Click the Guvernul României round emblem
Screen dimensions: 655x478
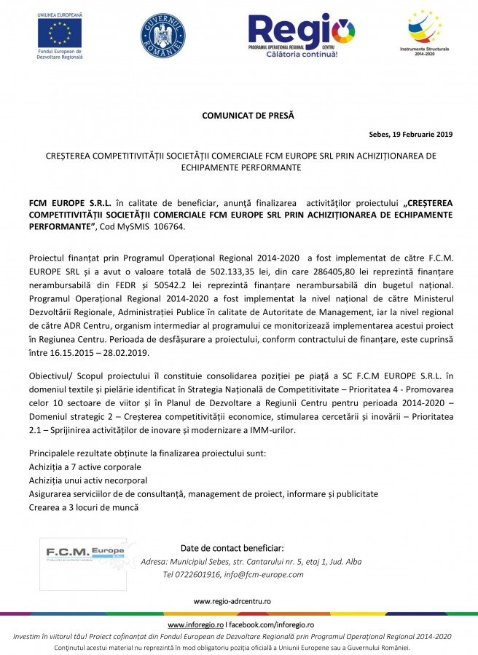coord(163,36)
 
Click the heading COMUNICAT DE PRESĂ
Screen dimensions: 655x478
coord(238,115)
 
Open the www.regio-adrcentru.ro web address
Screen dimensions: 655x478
coord(232,602)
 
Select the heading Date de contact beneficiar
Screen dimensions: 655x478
coord(232,548)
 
